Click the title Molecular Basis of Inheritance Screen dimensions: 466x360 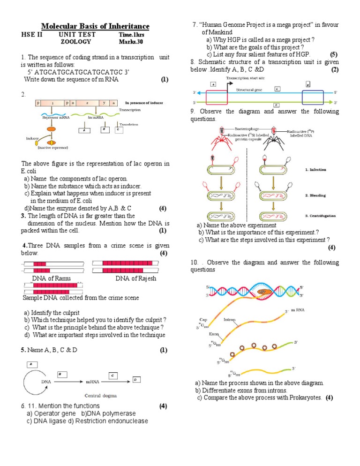(95, 26)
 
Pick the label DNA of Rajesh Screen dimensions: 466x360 (136, 278)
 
